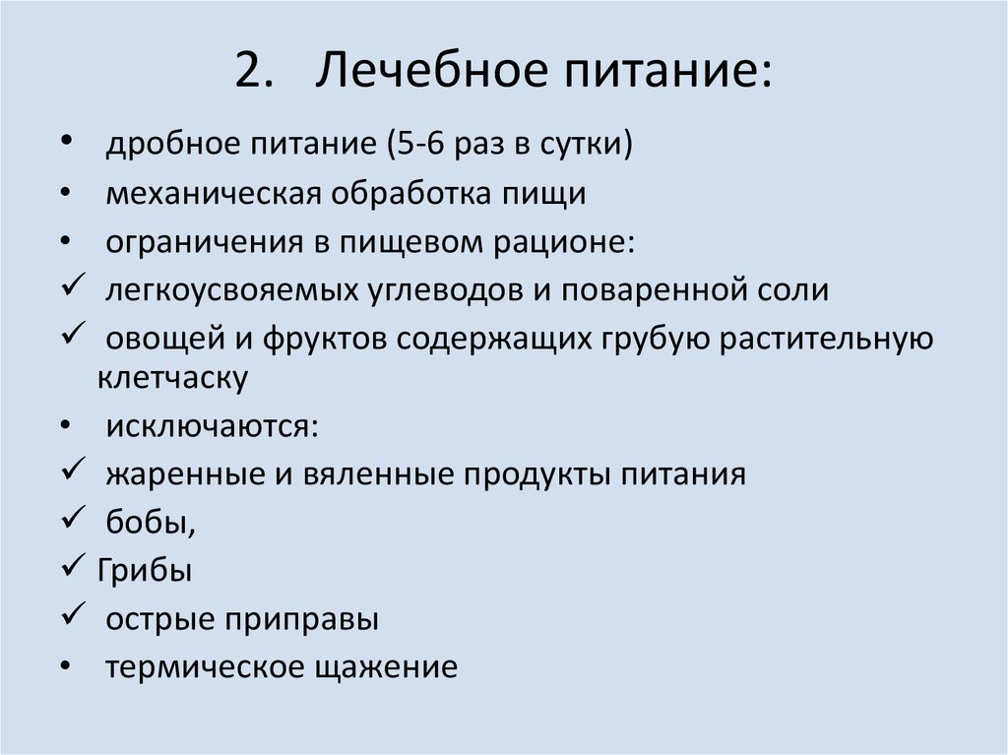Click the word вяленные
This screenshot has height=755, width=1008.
(384, 475)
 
